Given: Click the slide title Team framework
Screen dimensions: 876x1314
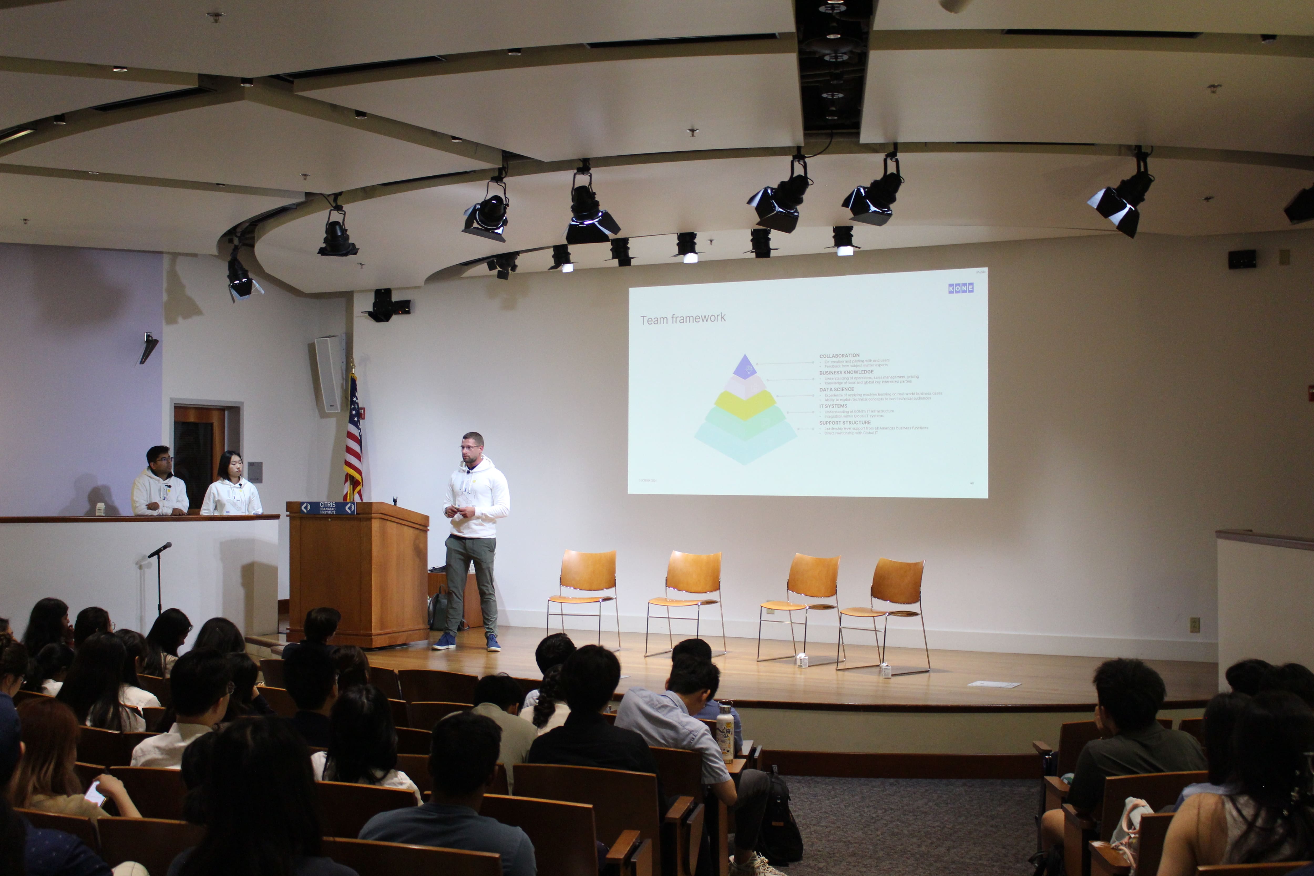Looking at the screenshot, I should [683, 319].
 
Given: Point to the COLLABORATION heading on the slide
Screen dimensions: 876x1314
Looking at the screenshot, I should [839, 355].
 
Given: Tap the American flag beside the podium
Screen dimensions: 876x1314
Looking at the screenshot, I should [353, 441].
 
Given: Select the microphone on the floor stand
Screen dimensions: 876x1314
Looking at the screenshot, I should [160, 549].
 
